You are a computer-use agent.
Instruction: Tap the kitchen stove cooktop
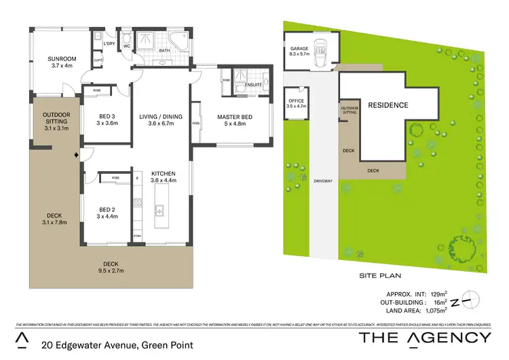pyautogui.click(x=137, y=202)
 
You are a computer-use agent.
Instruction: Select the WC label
pyautogui.click(x=126, y=47)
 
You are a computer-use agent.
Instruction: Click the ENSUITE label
pyautogui.click(x=254, y=84)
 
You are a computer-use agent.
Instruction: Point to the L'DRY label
pyautogui.click(x=109, y=44)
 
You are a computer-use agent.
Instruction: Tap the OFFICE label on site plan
pyautogui.click(x=297, y=103)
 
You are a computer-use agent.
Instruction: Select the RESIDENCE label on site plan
pyautogui.click(x=388, y=105)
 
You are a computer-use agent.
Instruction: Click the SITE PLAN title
pyautogui.click(x=381, y=276)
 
